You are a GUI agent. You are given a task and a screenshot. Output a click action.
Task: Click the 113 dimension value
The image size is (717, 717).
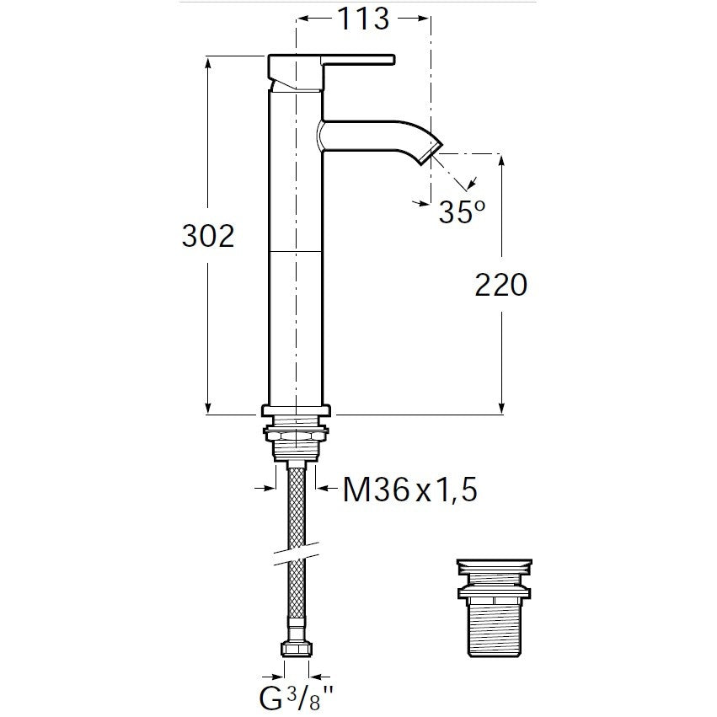[x=363, y=19]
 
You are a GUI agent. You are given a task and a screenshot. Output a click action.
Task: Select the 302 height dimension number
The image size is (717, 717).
[x=208, y=236]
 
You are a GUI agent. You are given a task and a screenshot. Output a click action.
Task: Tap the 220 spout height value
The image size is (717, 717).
[x=501, y=285]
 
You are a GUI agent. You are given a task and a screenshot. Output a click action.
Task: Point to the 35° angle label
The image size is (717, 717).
[x=462, y=211]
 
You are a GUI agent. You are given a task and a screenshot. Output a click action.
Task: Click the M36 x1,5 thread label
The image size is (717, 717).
[x=410, y=490]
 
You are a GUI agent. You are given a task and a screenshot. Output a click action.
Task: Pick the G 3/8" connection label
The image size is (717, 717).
[x=297, y=698]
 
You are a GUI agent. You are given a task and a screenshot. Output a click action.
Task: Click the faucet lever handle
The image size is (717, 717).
[x=358, y=60]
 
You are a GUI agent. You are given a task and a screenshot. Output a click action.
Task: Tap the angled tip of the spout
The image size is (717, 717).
[x=431, y=152]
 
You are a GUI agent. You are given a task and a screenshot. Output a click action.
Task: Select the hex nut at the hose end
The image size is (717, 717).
[x=297, y=649]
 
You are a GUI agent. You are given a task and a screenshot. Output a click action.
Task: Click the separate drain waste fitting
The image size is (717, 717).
[x=495, y=607]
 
